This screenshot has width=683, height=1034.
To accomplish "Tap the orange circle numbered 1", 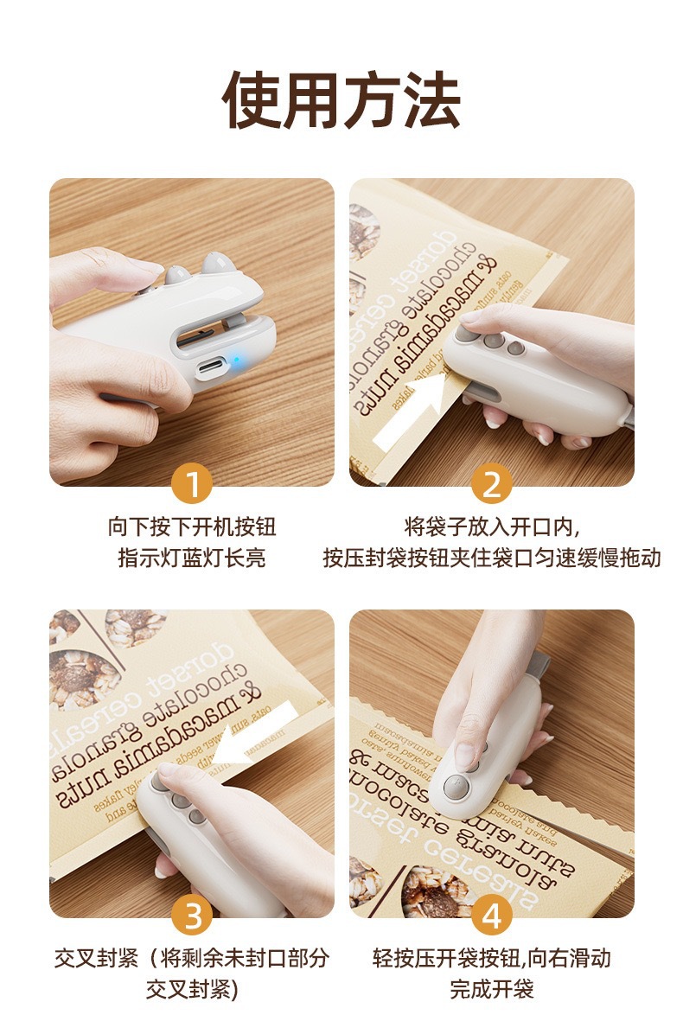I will point(192,485).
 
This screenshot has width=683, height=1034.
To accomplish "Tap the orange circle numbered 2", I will point(491,485).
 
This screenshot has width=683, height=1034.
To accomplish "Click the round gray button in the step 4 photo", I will point(457,787).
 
